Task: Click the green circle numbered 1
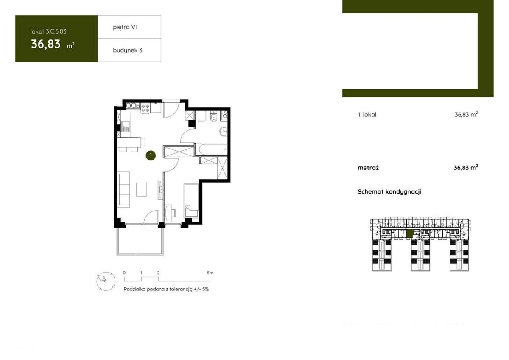pyautogui.click(x=151, y=156)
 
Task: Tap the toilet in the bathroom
pyautogui.click(x=214, y=116)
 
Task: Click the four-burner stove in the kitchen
pyautogui.click(x=145, y=108)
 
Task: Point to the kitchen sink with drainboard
pyautogui.click(x=126, y=127)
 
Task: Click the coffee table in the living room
pyautogui.click(x=142, y=189)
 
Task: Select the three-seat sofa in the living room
pyautogui.click(x=123, y=189)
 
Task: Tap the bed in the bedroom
pyautogui.click(x=191, y=200)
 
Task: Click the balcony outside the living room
pyautogui.click(x=140, y=241)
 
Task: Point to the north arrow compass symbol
pyautogui.click(x=106, y=281)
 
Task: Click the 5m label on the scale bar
pyautogui.click(x=210, y=273)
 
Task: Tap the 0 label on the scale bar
pyautogui.click(x=124, y=273)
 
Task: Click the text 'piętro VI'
pyautogui.click(x=125, y=27)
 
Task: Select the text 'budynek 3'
pyautogui.click(x=128, y=50)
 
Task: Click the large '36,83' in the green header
pyautogui.click(x=46, y=44)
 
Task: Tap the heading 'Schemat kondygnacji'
pyautogui.click(x=389, y=192)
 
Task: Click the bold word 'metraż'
pyautogui.click(x=368, y=168)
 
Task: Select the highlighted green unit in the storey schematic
pyautogui.click(x=410, y=233)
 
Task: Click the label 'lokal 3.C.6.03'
pyautogui.click(x=48, y=31)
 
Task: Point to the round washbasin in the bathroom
pyautogui.click(x=223, y=132)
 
